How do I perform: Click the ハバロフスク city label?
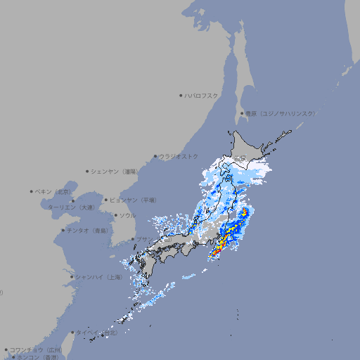[x=202, y=95]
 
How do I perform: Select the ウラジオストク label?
[x=179, y=156]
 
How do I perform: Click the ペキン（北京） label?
[x=54, y=191]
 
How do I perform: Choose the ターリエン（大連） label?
[x=71, y=208]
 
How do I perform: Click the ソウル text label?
[x=127, y=215]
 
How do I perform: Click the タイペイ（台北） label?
[x=92, y=333]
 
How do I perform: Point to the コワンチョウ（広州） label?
[x=36, y=349]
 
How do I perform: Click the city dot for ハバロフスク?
[x=181, y=95]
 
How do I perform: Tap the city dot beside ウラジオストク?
[x=155, y=156]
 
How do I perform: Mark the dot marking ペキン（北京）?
[x=32, y=191]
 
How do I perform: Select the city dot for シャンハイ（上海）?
[x=72, y=277]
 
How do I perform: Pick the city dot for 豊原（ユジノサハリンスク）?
[x=242, y=113]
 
